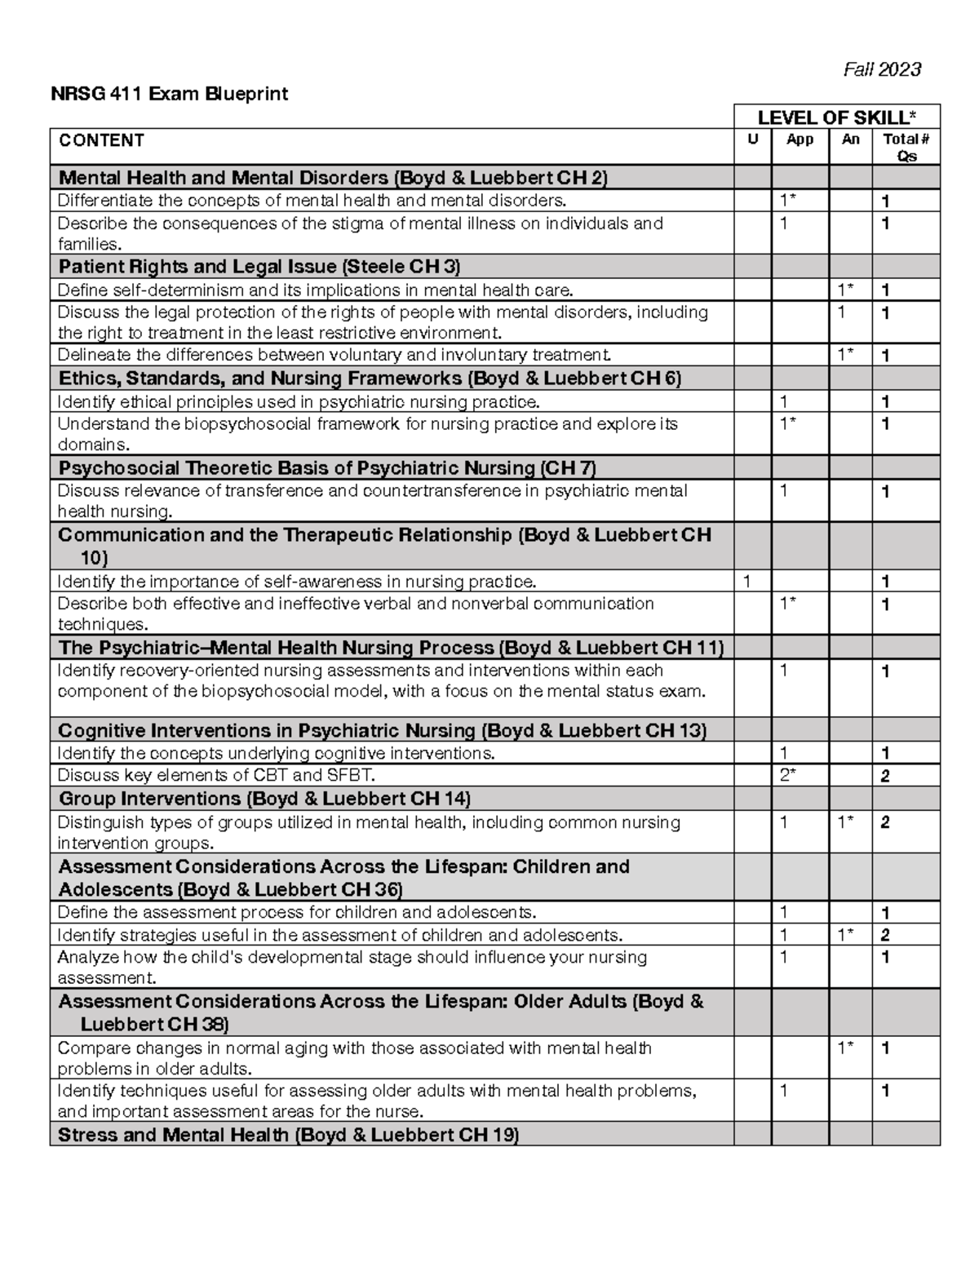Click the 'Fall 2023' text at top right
[x=882, y=69]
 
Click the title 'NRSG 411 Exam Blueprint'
[x=169, y=94]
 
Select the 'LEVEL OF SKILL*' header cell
[x=837, y=117]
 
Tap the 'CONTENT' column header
[x=101, y=140]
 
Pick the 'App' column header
[x=800, y=140]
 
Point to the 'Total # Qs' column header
[x=906, y=148]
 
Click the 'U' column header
[x=752, y=140]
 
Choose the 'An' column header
[x=850, y=140]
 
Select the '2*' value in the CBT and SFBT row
[x=788, y=775]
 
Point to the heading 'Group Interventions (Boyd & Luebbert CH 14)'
[x=264, y=798]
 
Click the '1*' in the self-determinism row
[x=846, y=290]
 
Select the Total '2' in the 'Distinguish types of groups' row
[x=885, y=822]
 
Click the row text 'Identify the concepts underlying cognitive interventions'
[x=276, y=753]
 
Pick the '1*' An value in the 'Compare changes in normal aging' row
[x=846, y=1048]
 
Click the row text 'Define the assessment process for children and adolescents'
[x=297, y=912]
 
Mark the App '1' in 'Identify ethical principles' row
[x=784, y=401]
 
